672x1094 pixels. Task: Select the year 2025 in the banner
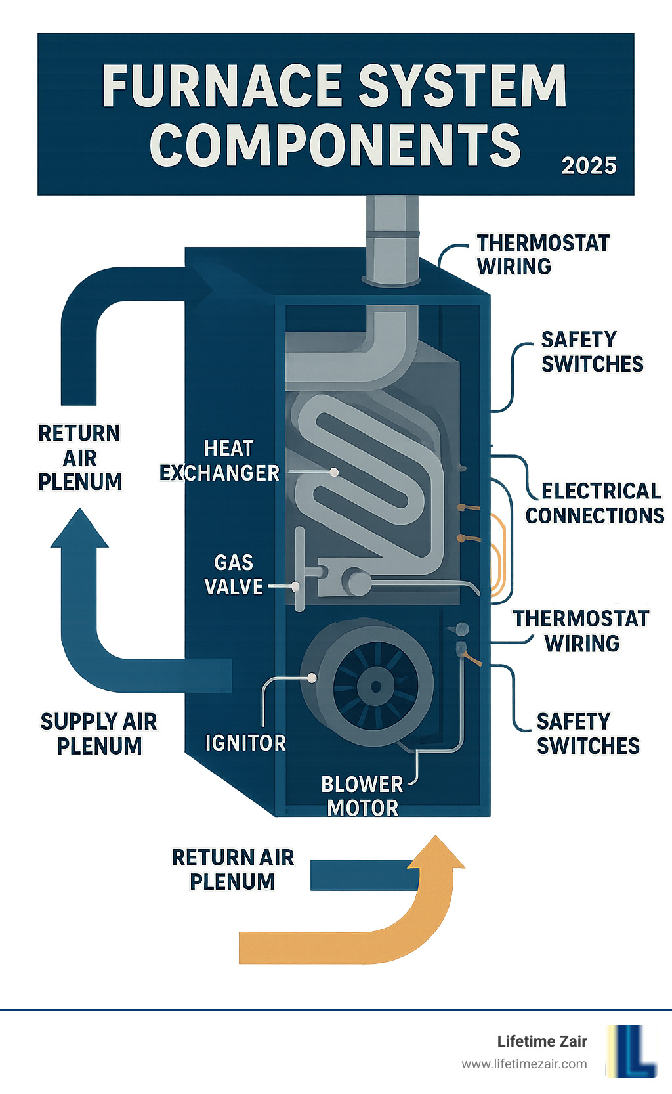[x=589, y=165]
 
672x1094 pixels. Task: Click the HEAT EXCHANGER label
[x=220, y=460]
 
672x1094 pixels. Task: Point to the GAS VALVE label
[x=234, y=575]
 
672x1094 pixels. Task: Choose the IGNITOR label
[x=245, y=743]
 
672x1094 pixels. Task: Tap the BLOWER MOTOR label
[x=362, y=796]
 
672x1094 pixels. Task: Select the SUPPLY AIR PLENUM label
[x=99, y=733]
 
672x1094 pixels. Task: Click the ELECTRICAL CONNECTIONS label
[x=595, y=503]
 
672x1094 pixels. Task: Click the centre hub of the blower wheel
[x=376, y=687]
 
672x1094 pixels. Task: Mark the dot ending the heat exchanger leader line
[x=334, y=472]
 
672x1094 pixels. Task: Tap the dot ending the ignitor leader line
[x=312, y=678]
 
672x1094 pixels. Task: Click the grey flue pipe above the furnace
[x=392, y=240]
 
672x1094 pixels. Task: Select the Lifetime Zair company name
[x=541, y=1041]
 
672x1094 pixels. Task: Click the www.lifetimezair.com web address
[x=524, y=1064]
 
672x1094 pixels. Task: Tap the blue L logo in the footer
[x=631, y=1051]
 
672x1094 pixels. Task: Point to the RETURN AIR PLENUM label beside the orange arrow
[x=233, y=869]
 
